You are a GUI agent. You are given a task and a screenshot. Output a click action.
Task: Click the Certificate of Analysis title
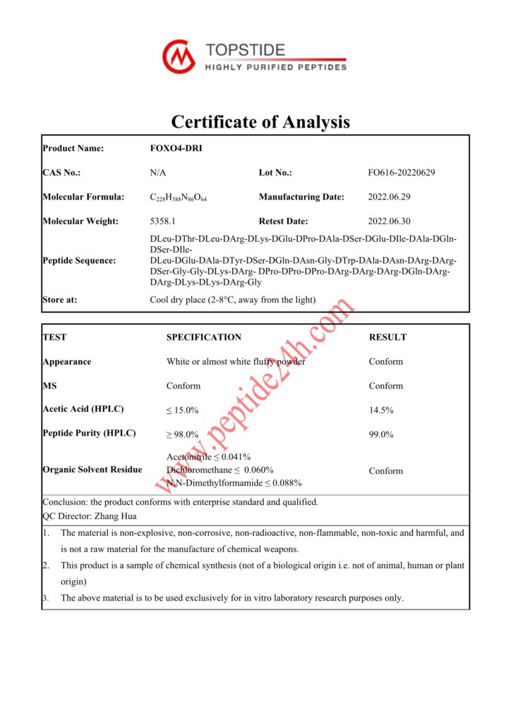[260, 121]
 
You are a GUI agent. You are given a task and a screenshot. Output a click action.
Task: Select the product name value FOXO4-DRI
[172, 148]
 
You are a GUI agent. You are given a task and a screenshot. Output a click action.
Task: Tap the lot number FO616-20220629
[402, 173]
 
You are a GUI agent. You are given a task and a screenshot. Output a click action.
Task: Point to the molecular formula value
[179, 197]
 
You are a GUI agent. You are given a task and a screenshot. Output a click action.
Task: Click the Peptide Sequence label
[79, 261]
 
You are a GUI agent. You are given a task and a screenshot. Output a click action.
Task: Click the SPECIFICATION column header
[204, 337]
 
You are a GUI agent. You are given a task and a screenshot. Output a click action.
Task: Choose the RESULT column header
[387, 337]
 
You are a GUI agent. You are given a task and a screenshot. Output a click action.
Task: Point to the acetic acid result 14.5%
[381, 410]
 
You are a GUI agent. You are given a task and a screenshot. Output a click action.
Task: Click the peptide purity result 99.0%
[381, 434]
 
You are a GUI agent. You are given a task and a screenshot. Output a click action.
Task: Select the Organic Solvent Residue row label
[92, 470]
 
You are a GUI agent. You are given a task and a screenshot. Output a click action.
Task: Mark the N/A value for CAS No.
[158, 173]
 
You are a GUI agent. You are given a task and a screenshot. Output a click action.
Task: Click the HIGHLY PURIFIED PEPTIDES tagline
[275, 67]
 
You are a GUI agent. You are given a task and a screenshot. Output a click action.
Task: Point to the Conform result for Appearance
[386, 362]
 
